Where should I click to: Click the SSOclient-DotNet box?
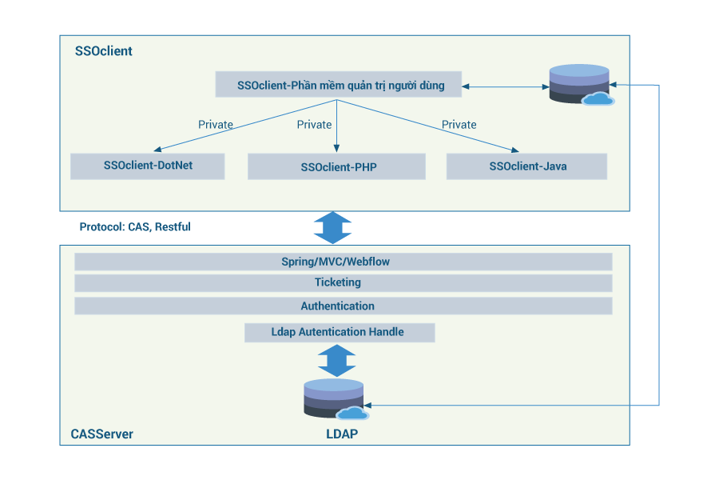(x=148, y=166)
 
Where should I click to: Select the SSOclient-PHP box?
(x=336, y=166)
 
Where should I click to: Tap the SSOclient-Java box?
(x=527, y=166)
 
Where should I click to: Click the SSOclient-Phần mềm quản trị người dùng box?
(x=339, y=85)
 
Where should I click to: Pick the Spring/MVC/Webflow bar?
(x=344, y=262)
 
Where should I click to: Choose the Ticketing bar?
(x=344, y=282)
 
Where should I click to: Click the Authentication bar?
(x=344, y=306)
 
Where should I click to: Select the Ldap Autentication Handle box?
(x=340, y=332)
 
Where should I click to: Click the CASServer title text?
(x=101, y=434)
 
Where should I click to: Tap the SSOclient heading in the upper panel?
(x=104, y=51)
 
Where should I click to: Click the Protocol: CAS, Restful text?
(x=135, y=227)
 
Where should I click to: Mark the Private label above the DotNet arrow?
(x=216, y=124)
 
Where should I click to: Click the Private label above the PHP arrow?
(x=314, y=124)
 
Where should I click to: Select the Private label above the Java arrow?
(x=459, y=124)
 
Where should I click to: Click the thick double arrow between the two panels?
(x=333, y=228)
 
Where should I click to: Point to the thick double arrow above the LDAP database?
(x=337, y=361)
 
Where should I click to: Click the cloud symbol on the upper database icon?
(x=598, y=98)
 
